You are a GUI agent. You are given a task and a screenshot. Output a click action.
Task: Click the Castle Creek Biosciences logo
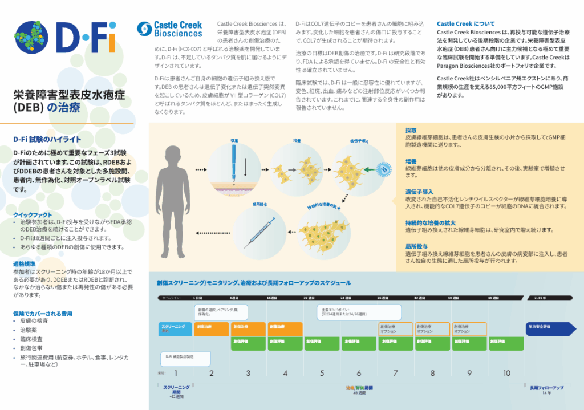point(170,29)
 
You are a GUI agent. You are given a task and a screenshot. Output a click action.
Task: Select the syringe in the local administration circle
point(258,234)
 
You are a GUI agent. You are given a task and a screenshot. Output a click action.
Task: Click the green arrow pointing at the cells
point(368,169)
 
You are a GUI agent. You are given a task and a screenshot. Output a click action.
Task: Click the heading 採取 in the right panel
point(411,130)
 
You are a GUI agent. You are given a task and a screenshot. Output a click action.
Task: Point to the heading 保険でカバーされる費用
point(43,313)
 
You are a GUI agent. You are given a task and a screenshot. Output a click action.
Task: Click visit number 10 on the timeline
point(506,373)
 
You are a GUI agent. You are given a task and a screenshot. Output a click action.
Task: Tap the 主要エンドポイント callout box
point(359,312)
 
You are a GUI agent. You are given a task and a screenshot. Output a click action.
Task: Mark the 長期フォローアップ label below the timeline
point(546,388)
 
